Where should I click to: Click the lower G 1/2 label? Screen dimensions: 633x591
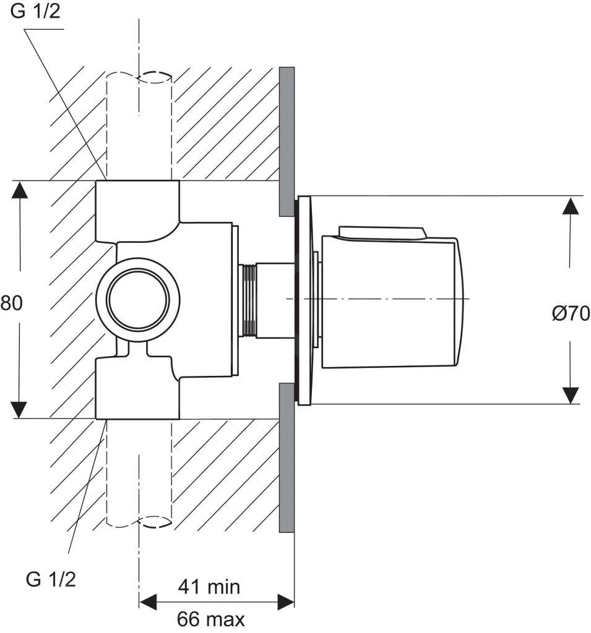tap(51, 579)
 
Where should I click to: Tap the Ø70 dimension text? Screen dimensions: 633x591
tap(571, 313)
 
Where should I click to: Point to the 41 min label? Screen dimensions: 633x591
tap(209, 585)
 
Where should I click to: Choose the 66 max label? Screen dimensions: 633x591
tap(210, 618)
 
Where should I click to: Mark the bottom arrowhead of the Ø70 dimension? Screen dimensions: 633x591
tap(570, 395)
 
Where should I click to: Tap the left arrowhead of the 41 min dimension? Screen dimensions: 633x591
tap(147, 601)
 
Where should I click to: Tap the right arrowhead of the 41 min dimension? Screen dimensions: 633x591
tap(285, 601)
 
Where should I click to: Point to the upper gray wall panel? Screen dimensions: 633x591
tap(287, 141)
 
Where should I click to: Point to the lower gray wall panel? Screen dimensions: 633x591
tap(287, 457)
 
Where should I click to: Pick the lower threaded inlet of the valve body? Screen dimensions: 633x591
tap(137, 389)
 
